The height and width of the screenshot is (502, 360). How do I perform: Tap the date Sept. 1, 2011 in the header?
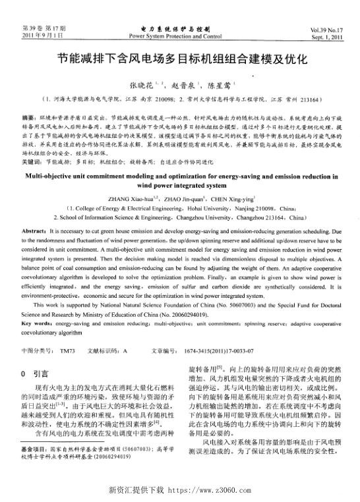(x=330, y=38)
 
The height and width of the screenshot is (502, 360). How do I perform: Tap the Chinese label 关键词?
(x=32, y=160)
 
